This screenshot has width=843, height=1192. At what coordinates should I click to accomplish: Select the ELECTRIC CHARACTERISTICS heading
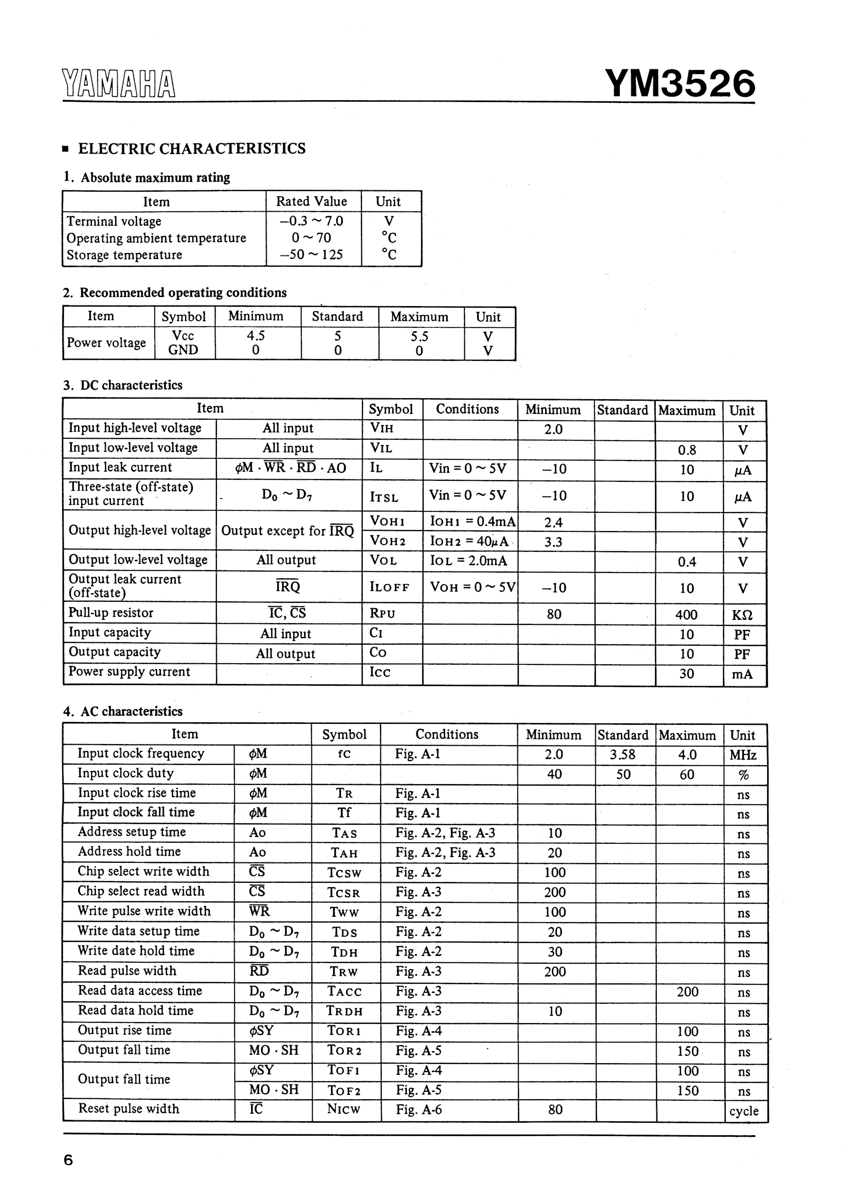(191, 149)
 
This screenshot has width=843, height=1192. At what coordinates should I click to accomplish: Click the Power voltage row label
(106, 343)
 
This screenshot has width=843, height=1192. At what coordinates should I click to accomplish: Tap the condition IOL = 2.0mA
(468, 561)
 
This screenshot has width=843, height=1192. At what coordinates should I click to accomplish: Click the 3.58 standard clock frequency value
(623, 754)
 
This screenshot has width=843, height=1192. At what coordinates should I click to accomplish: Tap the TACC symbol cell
(344, 992)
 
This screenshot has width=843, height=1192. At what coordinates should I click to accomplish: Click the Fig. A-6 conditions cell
(419, 1110)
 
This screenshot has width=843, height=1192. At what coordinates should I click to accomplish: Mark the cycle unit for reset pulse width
(743, 1111)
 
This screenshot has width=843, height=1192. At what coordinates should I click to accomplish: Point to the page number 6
(68, 1160)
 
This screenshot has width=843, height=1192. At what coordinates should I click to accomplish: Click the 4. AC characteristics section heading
(123, 711)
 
